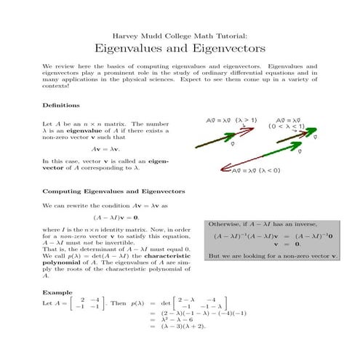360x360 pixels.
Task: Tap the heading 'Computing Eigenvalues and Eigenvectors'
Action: [113, 191]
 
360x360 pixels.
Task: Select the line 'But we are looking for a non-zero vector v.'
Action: [273, 257]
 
